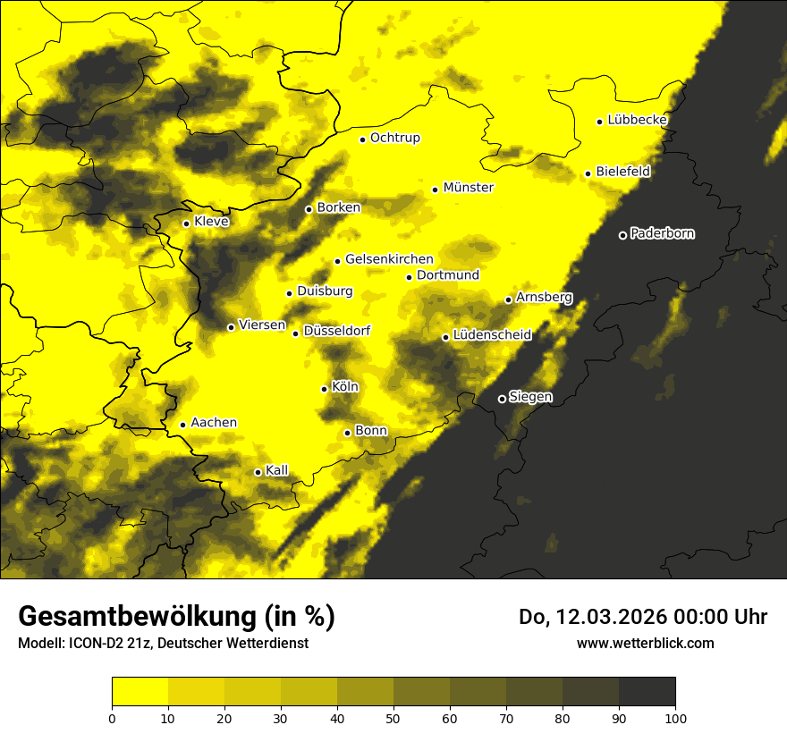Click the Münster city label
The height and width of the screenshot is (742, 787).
[468, 188]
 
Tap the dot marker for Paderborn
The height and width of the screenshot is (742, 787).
[622, 235]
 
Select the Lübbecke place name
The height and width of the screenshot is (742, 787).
[637, 120]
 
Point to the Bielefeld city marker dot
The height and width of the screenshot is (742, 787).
[588, 173]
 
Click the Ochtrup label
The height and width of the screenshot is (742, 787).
[394, 138]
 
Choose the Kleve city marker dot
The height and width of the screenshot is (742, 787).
[186, 223]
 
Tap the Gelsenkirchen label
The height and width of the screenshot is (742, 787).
[389, 259]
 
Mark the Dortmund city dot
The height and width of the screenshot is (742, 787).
[409, 277]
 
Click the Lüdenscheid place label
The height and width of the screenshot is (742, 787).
[492, 335]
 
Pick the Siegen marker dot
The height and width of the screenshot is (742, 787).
[502, 399]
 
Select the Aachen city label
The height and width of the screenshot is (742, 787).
[214, 423]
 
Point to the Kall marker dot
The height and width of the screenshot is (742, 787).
[258, 472]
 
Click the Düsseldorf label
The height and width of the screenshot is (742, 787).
[337, 331]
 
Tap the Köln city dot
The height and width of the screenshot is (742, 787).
[325, 389]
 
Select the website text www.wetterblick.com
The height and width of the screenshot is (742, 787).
[645, 643]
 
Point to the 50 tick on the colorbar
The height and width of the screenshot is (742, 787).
[393, 717]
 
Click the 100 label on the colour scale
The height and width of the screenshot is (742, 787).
[675, 717]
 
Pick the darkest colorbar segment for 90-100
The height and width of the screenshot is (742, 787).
[647, 692]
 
